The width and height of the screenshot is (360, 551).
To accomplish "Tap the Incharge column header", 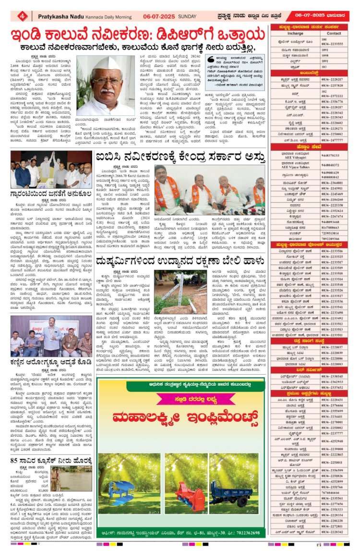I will point(295,33).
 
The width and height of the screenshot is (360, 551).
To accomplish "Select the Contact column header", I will point(334,33).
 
